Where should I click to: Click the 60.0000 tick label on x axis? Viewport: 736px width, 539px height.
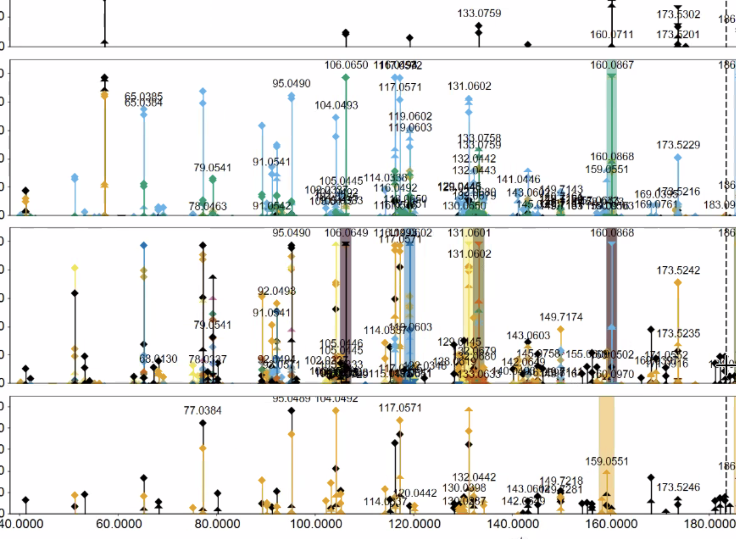(x=119, y=523)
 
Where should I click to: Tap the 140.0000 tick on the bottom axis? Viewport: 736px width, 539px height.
(x=513, y=523)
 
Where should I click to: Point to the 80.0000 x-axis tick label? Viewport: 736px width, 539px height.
(x=217, y=523)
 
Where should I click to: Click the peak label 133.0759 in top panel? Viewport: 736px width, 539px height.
(x=479, y=13)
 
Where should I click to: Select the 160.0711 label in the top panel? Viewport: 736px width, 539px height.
(x=611, y=35)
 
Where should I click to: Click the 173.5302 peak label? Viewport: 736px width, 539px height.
(x=678, y=14)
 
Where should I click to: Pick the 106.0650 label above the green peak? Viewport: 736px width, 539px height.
(x=346, y=65)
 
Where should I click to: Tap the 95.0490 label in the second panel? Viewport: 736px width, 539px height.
(x=291, y=84)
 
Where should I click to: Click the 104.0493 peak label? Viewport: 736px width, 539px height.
(x=336, y=105)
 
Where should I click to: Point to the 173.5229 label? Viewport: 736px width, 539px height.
(x=678, y=145)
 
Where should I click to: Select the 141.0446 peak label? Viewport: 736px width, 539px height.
(x=518, y=179)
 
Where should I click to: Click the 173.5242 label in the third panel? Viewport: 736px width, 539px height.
(x=678, y=271)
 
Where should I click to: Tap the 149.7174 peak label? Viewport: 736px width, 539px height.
(x=561, y=317)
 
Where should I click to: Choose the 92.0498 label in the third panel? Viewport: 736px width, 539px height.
(x=277, y=291)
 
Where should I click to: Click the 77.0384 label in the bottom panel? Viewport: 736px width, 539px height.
(x=202, y=410)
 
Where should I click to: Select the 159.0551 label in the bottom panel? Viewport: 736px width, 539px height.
(x=607, y=461)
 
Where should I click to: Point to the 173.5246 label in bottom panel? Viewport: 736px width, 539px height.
(x=678, y=487)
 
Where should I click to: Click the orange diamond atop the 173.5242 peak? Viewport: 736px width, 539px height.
(x=677, y=282)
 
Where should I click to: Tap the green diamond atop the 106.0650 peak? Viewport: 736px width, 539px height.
(x=346, y=77)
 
